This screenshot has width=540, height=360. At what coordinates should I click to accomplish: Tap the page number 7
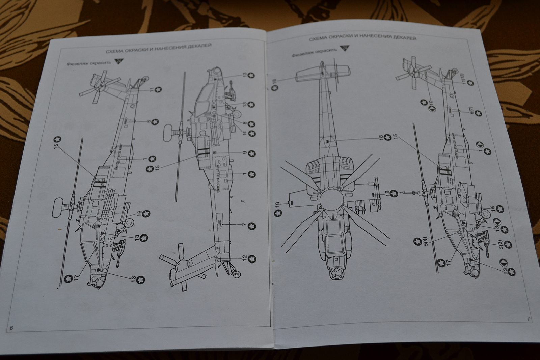click(x=528, y=319)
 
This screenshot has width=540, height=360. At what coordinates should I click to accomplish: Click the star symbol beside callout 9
click(x=252, y=154)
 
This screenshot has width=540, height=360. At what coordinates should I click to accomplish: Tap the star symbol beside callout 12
click(x=252, y=259)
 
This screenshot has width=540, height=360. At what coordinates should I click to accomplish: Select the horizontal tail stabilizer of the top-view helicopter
click(x=323, y=73)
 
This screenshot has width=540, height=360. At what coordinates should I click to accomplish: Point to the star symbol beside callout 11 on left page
click(x=158, y=89)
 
